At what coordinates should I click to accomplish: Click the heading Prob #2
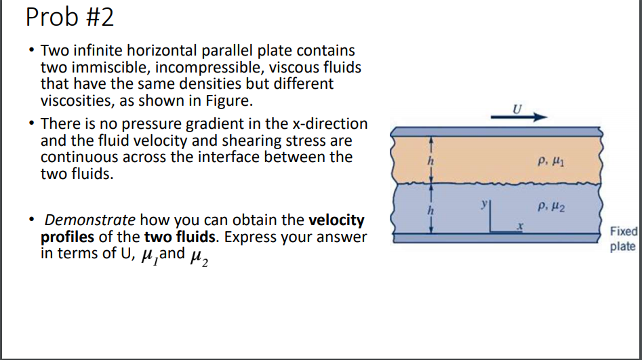click(69, 17)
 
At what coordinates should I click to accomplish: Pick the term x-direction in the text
click(326, 124)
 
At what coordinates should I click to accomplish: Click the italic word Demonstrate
click(89, 220)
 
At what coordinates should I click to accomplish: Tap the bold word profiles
click(67, 237)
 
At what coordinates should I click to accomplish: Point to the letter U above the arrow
click(518, 108)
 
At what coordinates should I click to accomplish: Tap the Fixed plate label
click(622, 239)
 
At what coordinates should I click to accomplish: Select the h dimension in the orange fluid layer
click(429, 161)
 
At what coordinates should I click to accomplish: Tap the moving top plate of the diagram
click(495, 131)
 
